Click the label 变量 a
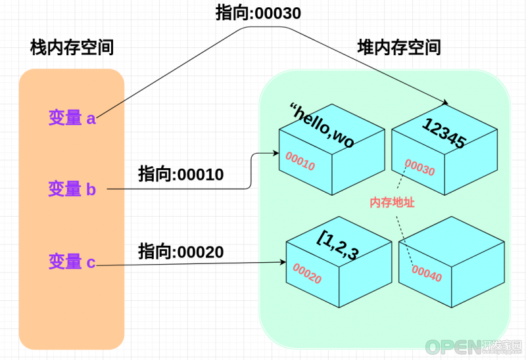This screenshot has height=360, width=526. [x=72, y=118]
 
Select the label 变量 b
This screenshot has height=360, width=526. [x=72, y=189]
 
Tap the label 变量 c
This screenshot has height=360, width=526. [x=72, y=261]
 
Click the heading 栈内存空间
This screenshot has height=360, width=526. [x=72, y=47]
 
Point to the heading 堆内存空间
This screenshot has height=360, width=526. [x=399, y=47]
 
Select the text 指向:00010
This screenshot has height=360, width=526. [x=181, y=174]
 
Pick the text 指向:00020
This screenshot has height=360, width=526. [x=181, y=252]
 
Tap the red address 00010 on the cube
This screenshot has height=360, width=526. [x=300, y=161]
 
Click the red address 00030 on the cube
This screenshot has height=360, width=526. [x=419, y=167]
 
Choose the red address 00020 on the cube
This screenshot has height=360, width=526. [x=307, y=273]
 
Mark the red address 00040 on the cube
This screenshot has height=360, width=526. [x=427, y=273]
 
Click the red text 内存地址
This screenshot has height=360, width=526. [x=392, y=202]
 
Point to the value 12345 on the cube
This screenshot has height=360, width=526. [x=444, y=133]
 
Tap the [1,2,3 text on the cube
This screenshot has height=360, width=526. [x=338, y=245]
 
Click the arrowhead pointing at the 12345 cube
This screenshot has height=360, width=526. [x=446, y=102]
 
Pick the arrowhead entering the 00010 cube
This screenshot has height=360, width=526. [x=276, y=153]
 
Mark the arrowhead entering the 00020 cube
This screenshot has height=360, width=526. [x=283, y=261]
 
